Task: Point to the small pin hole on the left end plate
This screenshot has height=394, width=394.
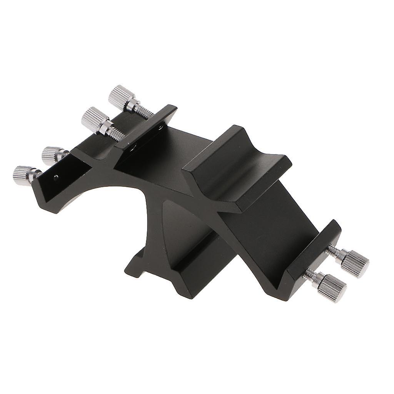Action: pyautogui.click(x=57, y=177)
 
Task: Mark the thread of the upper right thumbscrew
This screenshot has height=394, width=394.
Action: pyautogui.click(x=334, y=252)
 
